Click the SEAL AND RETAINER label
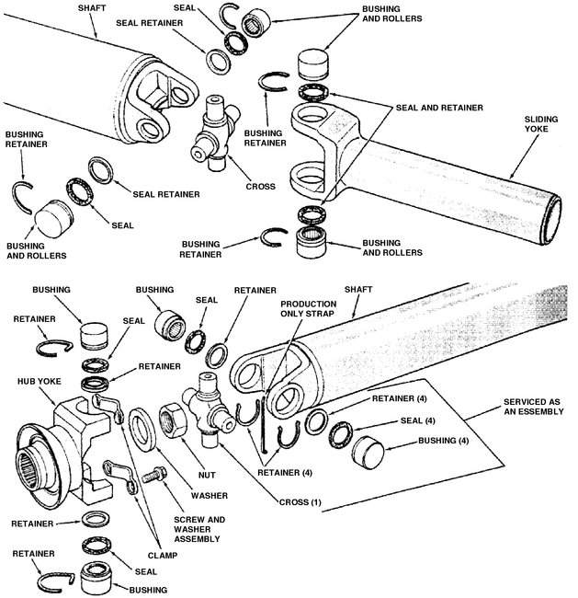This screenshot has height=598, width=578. coord(439,108)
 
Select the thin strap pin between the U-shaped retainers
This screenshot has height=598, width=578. coord(264,427)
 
